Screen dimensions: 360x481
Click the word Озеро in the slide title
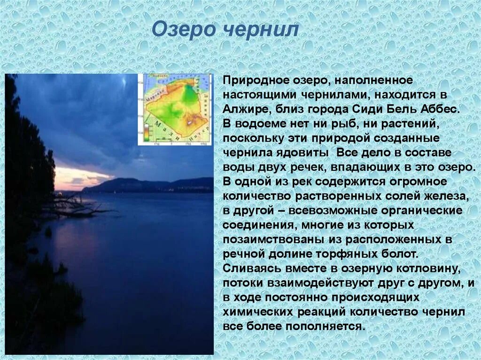point(183,30)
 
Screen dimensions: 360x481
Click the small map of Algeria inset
point(174,109)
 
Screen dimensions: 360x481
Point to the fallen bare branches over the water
point(75,207)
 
